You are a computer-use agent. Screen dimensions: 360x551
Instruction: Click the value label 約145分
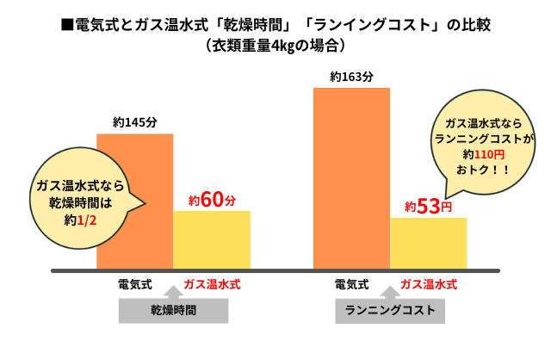coord(135,122)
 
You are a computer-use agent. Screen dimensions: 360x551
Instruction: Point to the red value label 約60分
coord(212,201)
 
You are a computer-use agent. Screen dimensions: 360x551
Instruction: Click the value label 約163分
coord(351,77)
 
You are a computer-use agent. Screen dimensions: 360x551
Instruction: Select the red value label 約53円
coord(428,207)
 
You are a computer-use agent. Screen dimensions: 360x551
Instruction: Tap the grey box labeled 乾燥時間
coord(174,310)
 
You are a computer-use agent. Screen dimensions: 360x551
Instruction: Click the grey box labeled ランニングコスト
coord(390,310)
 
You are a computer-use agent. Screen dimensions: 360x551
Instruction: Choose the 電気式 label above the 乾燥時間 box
coord(135,282)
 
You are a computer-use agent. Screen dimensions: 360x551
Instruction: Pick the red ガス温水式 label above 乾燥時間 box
coord(213,282)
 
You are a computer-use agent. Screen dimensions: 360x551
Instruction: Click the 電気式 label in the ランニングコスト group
coord(351,282)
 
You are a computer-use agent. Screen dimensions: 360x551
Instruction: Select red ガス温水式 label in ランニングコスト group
coord(429,282)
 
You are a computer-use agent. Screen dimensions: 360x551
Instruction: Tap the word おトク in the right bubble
coord(472,171)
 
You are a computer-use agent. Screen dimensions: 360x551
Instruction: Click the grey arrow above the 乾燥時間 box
coord(174,295)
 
